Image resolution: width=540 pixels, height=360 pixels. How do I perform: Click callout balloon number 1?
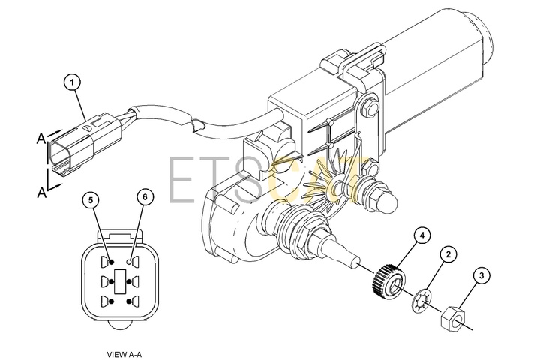click(x=72, y=82)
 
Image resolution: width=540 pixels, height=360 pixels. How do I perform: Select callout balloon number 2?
click(x=448, y=254)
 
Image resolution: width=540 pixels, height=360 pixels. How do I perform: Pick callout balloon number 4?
click(x=422, y=235)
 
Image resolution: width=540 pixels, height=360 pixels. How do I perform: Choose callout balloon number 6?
click(x=145, y=197)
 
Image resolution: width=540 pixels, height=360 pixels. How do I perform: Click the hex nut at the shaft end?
click(x=453, y=319)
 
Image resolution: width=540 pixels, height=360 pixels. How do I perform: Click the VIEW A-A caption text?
click(x=124, y=354)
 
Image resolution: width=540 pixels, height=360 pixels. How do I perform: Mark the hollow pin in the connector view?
click(x=128, y=262)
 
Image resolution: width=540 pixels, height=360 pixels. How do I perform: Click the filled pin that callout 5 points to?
click(x=111, y=262)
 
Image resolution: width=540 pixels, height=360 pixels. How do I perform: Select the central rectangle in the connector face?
click(x=120, y=281)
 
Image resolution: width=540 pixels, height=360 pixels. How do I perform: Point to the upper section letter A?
click(x=41, y=139)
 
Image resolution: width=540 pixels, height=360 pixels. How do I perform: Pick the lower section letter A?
click(x=41, y=193)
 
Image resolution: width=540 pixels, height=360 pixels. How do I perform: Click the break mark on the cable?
click(x=195, y=124)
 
